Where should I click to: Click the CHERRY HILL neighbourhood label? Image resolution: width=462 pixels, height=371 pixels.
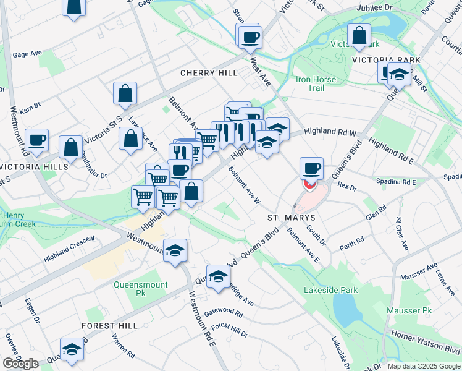[209, 73]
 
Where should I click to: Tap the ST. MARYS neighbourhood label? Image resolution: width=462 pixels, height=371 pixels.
[292, 218]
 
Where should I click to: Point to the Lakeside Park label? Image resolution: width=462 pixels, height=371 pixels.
[330, 289]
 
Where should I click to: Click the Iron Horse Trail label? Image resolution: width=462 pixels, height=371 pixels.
[316, 83]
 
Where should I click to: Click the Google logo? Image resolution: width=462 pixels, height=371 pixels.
[20, 364]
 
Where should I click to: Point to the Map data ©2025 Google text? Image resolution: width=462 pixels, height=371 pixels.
[424, 365]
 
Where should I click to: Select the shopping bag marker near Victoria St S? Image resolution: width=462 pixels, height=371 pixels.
[125, 94]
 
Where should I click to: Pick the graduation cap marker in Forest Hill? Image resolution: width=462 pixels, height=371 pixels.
[72, 349]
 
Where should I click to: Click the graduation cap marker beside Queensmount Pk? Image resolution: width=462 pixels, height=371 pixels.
[175, 250]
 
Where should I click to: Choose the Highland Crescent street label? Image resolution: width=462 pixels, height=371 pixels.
[69, 248]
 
